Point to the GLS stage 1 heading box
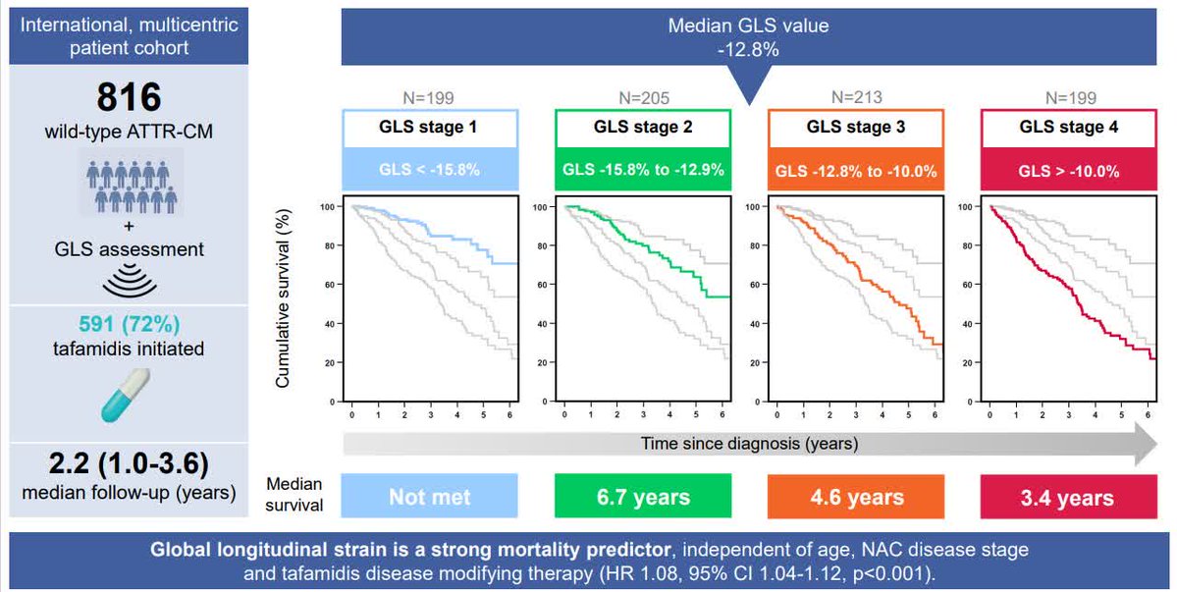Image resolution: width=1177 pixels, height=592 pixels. click(429, 128)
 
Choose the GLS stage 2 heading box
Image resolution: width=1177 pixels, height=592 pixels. click(642, 128)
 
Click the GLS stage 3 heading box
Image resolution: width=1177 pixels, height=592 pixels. click(856, 128)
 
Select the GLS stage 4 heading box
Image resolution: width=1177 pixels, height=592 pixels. click(1069, 128)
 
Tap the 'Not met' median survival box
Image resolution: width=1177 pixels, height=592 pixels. click(429, 497)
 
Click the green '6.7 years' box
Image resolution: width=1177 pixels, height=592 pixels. click(642, 497)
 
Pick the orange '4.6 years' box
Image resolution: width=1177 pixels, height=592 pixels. click(856, 497)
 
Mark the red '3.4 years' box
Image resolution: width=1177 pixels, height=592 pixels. click(1069, 497)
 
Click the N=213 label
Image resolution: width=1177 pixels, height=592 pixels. click(856, 97)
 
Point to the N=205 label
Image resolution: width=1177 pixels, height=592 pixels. click(642, 97)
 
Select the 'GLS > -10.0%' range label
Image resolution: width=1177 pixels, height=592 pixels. click(1069, 171)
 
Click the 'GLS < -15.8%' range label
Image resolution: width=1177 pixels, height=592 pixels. click(429, 171)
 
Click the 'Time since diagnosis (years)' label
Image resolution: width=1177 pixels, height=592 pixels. click(749, 444)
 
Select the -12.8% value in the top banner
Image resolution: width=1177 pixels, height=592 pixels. click(749, 48)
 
